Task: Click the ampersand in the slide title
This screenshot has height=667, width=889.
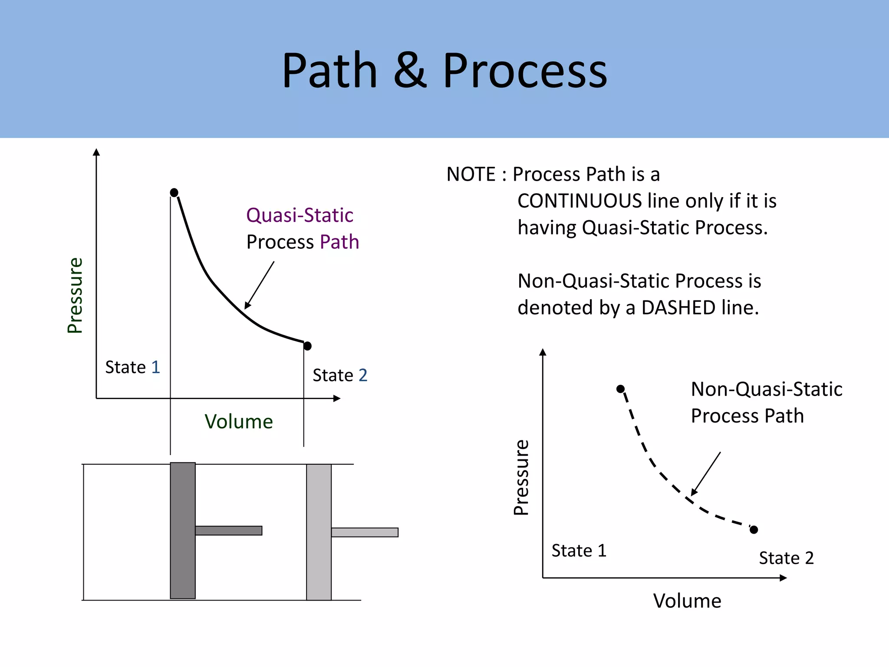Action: pyautogui.click(x=410, y=71)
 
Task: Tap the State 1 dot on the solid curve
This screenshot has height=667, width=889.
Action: pyautogui.click(x=174, y=192)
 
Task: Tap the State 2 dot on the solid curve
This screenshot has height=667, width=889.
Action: pyautogui.click(x=307, y=346)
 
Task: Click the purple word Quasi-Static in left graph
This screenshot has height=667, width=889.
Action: pyautogui.click(x=300, y=215)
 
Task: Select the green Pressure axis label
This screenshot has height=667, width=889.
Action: pyautogui.click(x=75, y=295)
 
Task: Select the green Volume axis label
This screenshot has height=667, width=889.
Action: pyautogui.click(x=239, y=422)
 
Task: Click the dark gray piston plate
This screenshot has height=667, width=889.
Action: pyautogui.click(x=183, y=531)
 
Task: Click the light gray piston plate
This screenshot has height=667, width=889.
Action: pyautogui.click(x=319, y=532)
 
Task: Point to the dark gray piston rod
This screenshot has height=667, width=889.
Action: pyautogui.click(x=228, y=531)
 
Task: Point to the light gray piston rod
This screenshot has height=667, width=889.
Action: pyautogui.click(x=365, y=532)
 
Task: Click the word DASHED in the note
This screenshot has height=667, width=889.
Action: pyautogui.click(x=678, y=308)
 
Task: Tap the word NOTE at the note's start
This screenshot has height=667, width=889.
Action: pyautogui.click(x=471, y=175)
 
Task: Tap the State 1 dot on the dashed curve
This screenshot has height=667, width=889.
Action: pyautogui.click(x=621, y=389)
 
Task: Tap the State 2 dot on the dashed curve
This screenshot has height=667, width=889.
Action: pyautogui.click(x=754, y=529)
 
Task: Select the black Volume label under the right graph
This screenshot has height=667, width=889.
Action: pyautogui.click(x=687, y=601)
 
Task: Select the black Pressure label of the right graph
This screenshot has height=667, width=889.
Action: pyautogui.click(x=521, y=477)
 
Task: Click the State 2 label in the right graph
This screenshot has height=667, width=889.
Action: pyautogui.click(x=786, y=558)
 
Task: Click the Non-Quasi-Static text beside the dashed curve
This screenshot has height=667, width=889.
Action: pyautogui.click(x=766, y=390)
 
